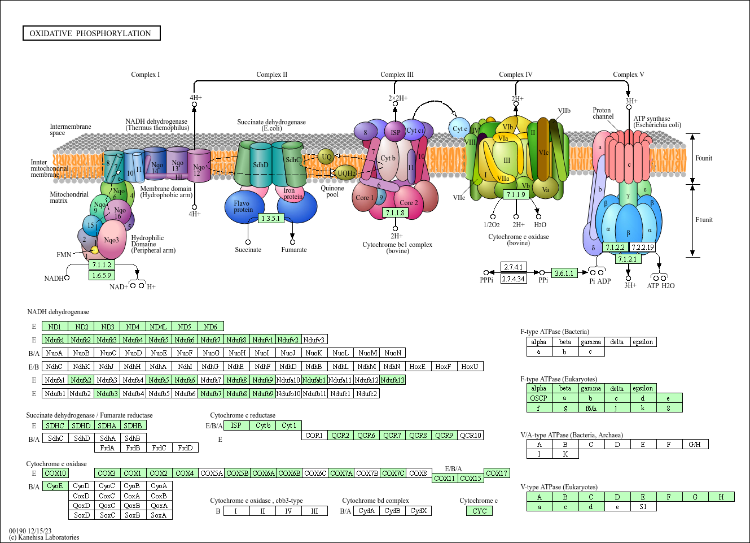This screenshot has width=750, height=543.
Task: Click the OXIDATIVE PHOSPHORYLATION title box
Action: coord(91,33)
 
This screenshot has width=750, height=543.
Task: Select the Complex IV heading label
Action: coord(515,75)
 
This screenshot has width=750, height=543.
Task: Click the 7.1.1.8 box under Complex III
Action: coord(395,213)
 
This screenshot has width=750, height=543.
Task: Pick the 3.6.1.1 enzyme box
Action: coord(564,273)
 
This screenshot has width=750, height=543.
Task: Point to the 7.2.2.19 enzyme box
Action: coord(643,247)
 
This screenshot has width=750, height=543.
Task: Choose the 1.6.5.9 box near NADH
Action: coord(102,275)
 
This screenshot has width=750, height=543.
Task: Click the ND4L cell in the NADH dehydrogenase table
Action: coord(158,327)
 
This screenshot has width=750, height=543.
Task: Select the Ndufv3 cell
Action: coord(314,340)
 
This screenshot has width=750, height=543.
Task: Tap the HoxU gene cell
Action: coord(470,366)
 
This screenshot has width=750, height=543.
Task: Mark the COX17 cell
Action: coord(497,473)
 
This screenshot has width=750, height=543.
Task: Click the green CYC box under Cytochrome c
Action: coord(480,511)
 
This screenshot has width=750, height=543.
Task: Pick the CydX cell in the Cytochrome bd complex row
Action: coord(418,511)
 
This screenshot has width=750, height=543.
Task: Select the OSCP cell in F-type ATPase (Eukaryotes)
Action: coord(539,398)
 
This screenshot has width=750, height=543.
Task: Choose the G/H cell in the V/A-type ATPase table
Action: coord(695,444)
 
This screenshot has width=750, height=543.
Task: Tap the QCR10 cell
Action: coord(470,435)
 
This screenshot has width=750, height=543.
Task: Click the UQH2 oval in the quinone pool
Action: coord(346,173)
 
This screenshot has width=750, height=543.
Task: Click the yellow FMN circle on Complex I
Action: coord(95,250)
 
